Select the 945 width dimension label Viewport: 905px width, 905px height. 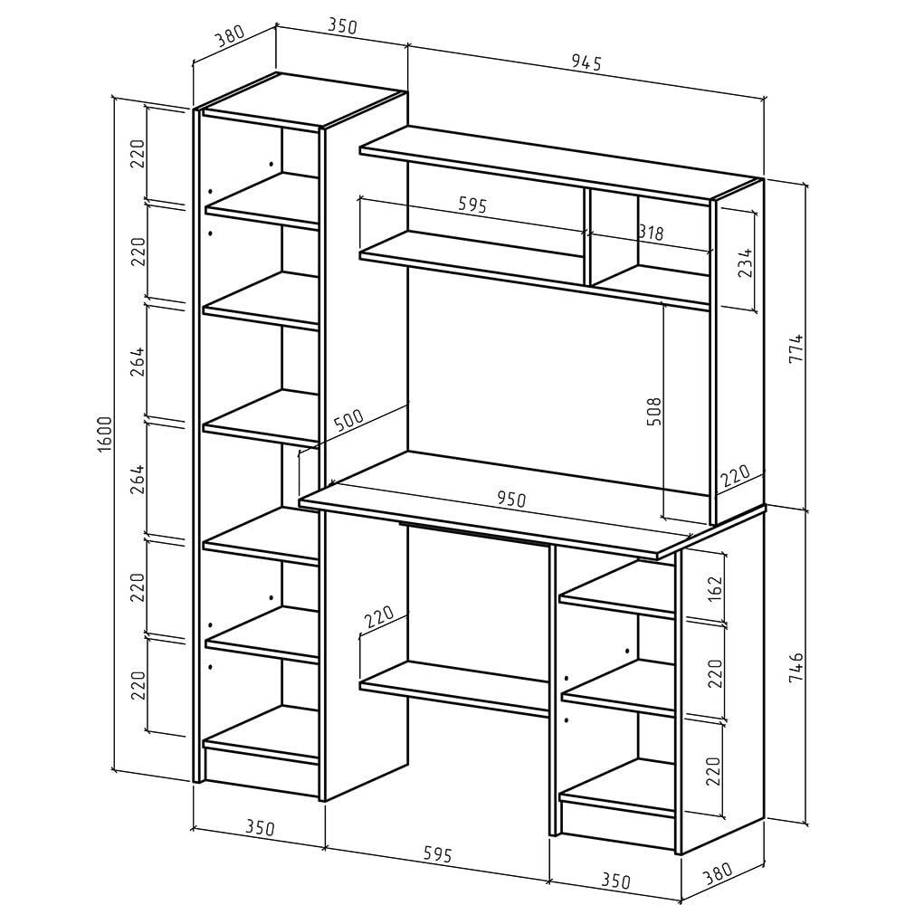586,62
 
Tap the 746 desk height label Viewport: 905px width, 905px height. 795,667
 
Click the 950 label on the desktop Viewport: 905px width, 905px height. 511,499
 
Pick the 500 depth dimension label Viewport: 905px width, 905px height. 348,422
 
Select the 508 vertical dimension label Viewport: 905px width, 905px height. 654,412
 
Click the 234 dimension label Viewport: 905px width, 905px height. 746,262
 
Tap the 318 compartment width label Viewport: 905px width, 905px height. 652,233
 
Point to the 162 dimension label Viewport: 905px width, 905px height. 714,589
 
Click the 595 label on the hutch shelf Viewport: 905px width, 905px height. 472,205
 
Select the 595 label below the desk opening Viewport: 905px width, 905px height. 437,853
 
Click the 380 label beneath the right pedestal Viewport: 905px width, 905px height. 718,874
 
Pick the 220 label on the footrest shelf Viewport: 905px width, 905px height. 379,616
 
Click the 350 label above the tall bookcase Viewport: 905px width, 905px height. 343,26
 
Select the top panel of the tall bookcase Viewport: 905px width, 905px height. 303,100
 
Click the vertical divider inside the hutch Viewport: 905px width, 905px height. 587,236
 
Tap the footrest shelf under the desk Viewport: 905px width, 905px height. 453,688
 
